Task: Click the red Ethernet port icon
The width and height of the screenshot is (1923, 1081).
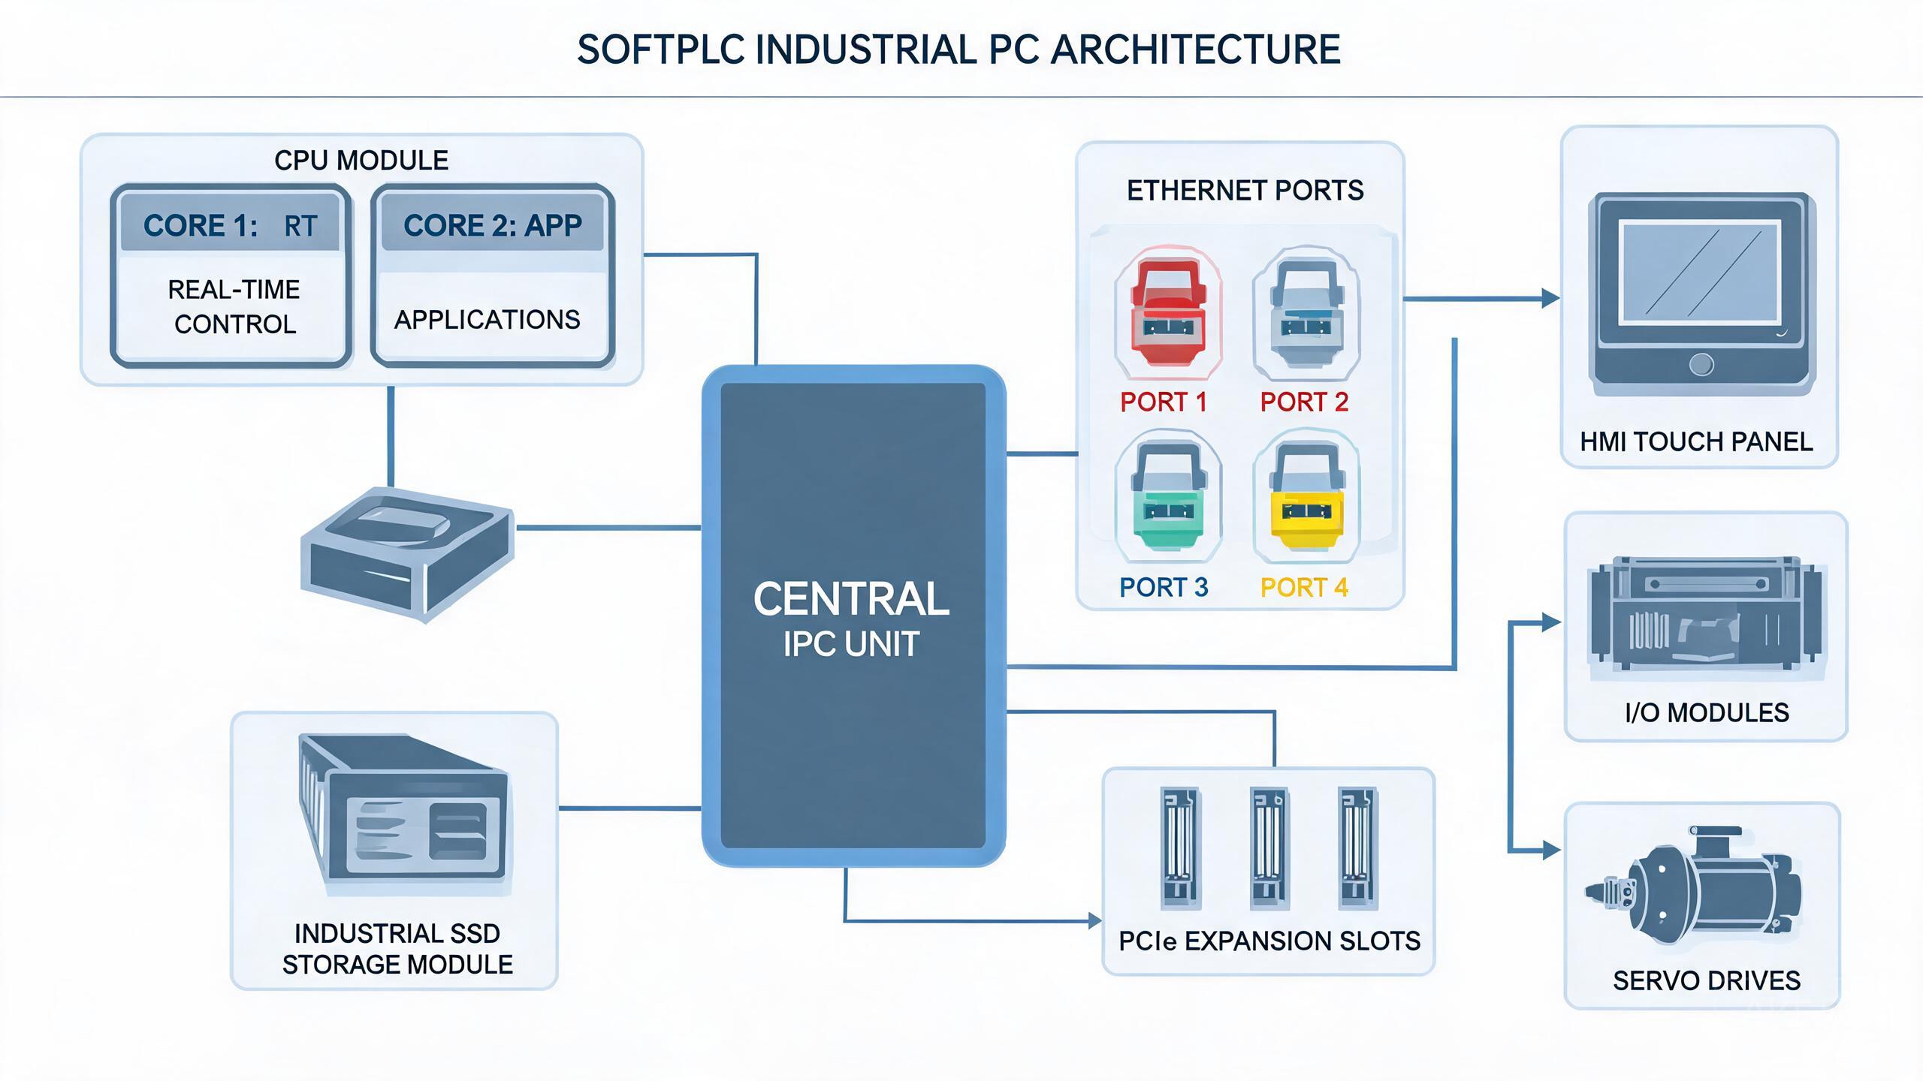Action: (1168, 312)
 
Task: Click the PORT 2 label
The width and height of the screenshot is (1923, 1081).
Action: (1304, 402)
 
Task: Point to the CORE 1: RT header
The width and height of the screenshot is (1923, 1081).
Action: (230, 225)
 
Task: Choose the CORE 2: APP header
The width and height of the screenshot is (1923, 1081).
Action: (493, 225)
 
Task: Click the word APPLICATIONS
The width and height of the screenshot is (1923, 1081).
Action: (487, 320)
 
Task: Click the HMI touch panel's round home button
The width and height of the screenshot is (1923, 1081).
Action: (1701, 365)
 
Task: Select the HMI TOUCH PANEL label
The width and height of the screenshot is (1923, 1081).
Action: (1696, 441)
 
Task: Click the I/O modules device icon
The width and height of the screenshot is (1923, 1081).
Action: (1706, 613)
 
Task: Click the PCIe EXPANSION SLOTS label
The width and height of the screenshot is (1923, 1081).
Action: (1269, 941)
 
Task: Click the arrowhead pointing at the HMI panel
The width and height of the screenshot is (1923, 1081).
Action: (1550, 299)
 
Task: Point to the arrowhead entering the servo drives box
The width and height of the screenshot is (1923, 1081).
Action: (1551, 851)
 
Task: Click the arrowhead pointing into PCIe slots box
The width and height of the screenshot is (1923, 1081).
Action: (1095, 920)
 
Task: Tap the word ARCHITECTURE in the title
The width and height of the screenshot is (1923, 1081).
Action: (1195, 50)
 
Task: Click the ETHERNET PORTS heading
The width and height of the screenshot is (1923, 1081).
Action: (1245, 191)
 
